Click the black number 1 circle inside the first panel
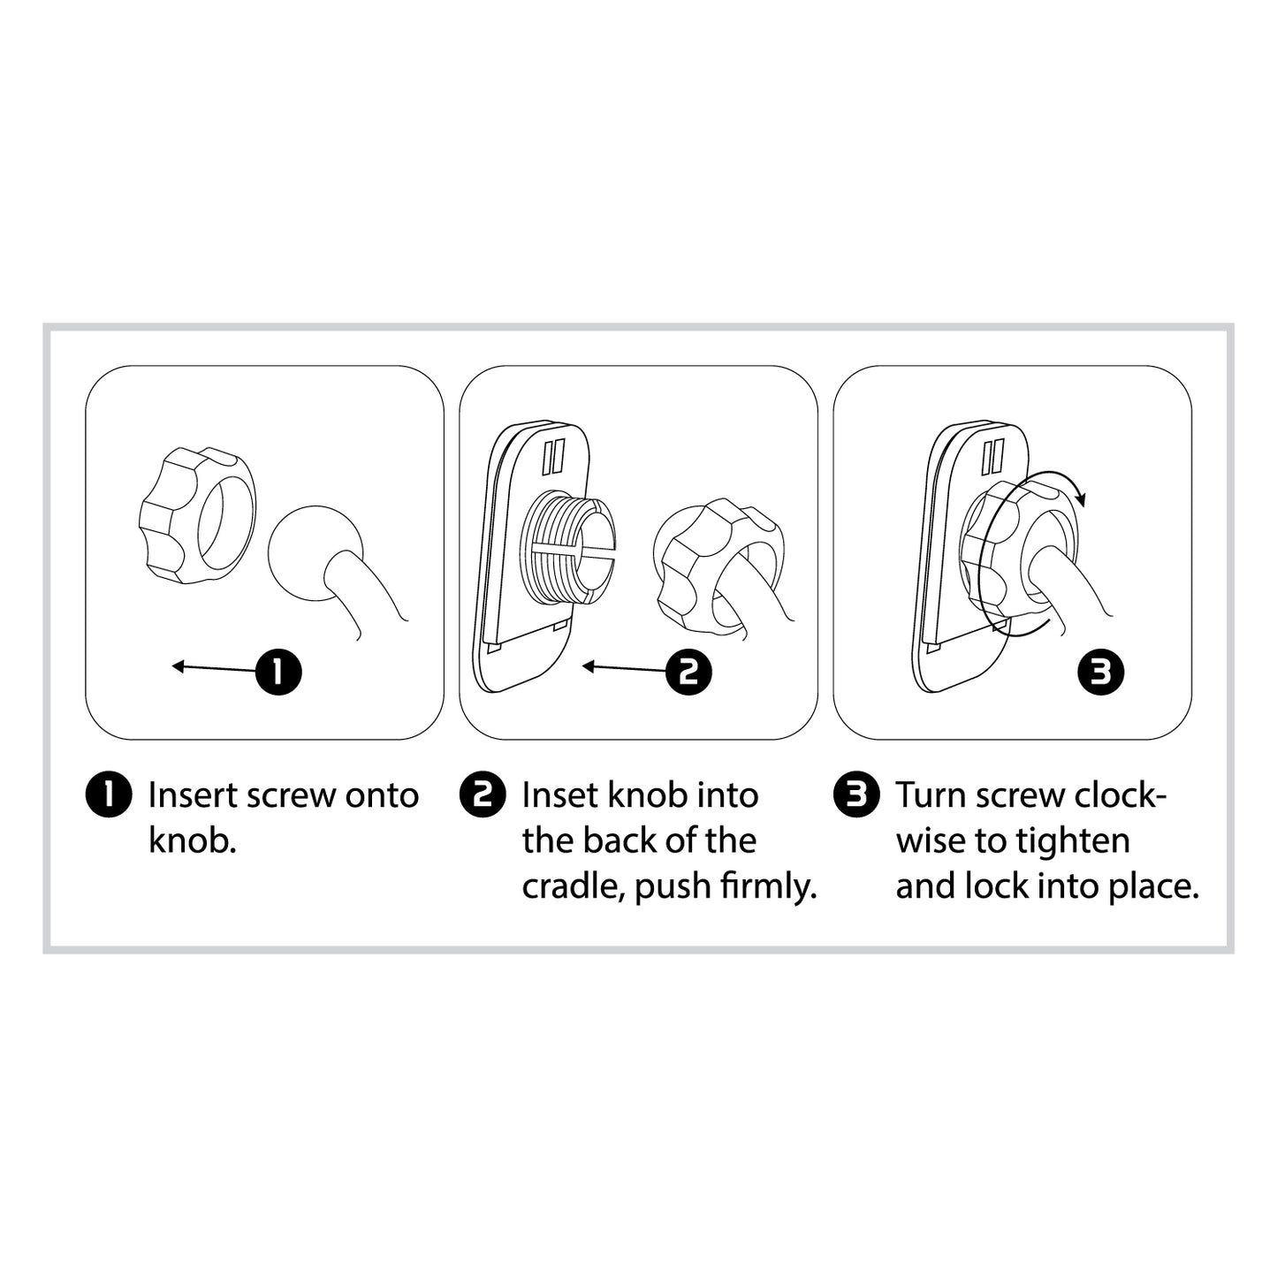click(278, 672)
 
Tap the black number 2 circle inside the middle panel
click(688, 672)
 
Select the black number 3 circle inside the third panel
click(1101, 672)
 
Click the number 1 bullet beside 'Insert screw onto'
click(109, 794)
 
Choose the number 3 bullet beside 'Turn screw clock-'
click(857, 794)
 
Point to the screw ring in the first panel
click(197, 515)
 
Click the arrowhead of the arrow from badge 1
click(178, 665)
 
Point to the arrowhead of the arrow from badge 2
click(589, 665)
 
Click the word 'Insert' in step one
click(192, 795)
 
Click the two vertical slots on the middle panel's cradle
click(553, 456)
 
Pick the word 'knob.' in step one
click(192, 841)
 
